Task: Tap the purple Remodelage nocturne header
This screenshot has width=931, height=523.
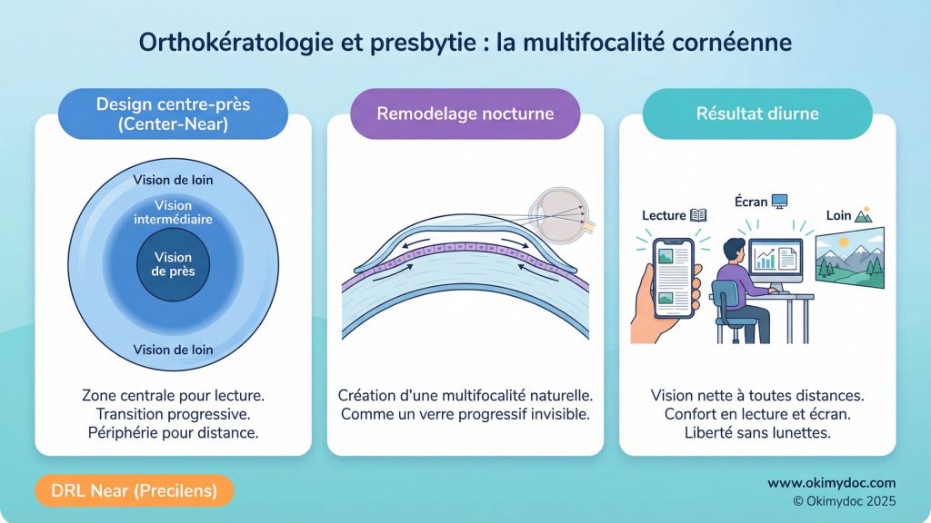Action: (465, 114)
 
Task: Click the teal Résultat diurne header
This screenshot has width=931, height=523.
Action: (756, 114)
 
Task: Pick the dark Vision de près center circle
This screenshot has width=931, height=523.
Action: (173, 264)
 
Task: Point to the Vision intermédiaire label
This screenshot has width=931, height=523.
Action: (173, 212)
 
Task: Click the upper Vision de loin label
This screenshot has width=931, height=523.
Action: (173, 180)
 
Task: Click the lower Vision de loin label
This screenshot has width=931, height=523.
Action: (173, 350)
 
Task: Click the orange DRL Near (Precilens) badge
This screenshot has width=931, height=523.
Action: (135, 490)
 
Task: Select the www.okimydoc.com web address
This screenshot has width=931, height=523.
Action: (831, 483)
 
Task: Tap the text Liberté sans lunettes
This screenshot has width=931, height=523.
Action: (756, 432)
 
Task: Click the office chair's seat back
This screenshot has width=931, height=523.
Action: (726, 296)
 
